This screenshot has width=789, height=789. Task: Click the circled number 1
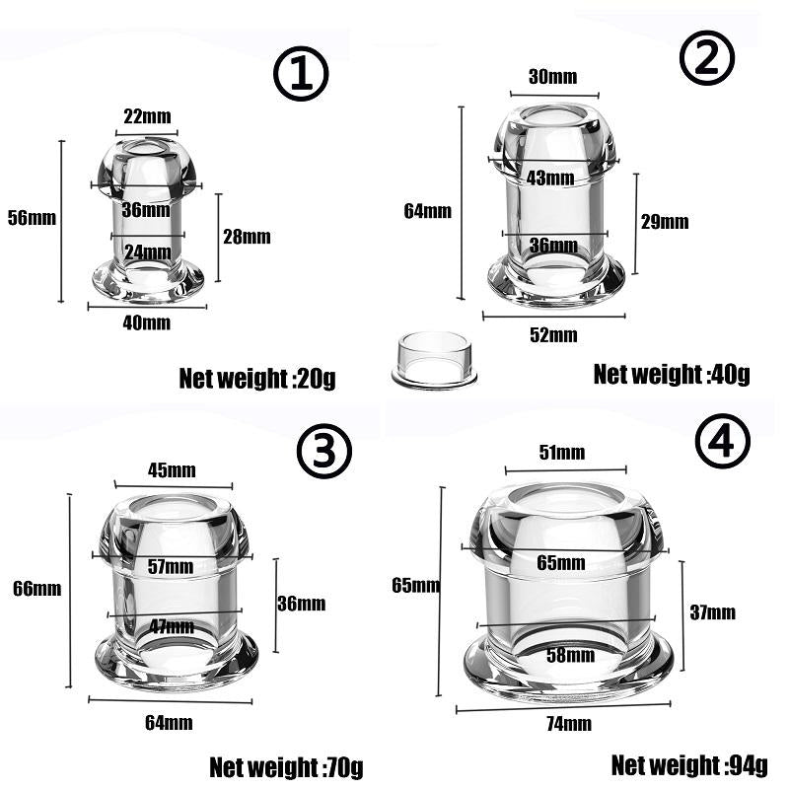click(x=301, y=73)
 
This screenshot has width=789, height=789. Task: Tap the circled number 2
click(x=707, y=57)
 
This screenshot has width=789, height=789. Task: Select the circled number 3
click(x=324, y=451)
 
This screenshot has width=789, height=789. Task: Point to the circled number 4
click(x=723, y=441)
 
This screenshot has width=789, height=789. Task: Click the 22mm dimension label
click(x=147, y=116)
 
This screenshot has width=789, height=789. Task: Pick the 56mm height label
click(x=32, y=218)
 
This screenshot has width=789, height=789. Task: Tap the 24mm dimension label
click(x=147, y=251)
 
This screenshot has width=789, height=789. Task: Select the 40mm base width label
click(x=146, y=323)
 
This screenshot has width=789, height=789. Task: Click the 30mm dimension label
click(x=552, y=77)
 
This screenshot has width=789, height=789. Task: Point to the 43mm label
click(x=550, y=178)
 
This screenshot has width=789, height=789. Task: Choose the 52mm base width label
click(x=553, y=335)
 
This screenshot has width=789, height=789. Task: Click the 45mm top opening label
click(x=172, y=470)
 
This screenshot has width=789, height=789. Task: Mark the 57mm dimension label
click(x=171, y=566)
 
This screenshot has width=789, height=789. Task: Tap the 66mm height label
click(x=37, y=588)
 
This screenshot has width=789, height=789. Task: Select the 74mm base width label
click(x=569, y=724)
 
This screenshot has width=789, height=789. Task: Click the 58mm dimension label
click(x=571, y=655)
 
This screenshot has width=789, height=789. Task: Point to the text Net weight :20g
click(x=257, y=379)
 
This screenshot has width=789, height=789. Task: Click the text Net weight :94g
click(x=689, y=766)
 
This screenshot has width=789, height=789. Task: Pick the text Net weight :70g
click(x=286, y=768)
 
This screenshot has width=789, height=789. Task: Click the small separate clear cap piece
click(x=434, y=360)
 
